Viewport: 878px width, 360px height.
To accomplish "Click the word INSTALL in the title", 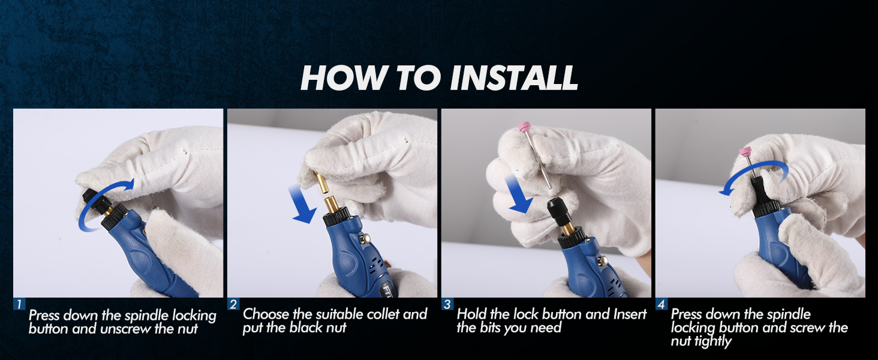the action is pyautogui.click(x=514, y=77).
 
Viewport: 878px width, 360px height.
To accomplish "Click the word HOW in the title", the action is pyautogui.click(x=345, y=77).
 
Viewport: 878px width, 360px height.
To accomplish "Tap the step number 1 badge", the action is pyautogui.click(x=19, y=304).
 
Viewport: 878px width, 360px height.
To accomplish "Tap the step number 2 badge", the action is pyautogui.click(x=233, y=304).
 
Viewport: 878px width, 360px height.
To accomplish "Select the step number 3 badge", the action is pyautogui.click(x=447, y=304).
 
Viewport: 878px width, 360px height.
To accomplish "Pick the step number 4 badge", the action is pyautogui.click(x=661, y=304).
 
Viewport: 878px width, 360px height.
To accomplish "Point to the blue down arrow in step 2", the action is pyautogui.click(x=302, y=205).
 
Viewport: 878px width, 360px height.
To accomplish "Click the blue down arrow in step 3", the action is pyautogui.click(x=518, y=194).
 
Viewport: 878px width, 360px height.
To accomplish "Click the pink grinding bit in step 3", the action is pyautogui.click(x=524, y=127).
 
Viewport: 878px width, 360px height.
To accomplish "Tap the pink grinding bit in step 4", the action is pyautogui.click(x=745, y=151).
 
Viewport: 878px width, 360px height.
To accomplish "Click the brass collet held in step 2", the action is pyautogui.click(x=323, y=182).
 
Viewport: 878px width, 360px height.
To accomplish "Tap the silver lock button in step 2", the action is pyautogui.click(x=367, y=238).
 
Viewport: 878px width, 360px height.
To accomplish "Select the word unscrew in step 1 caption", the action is pyautogui.click(x=125, y=329).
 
